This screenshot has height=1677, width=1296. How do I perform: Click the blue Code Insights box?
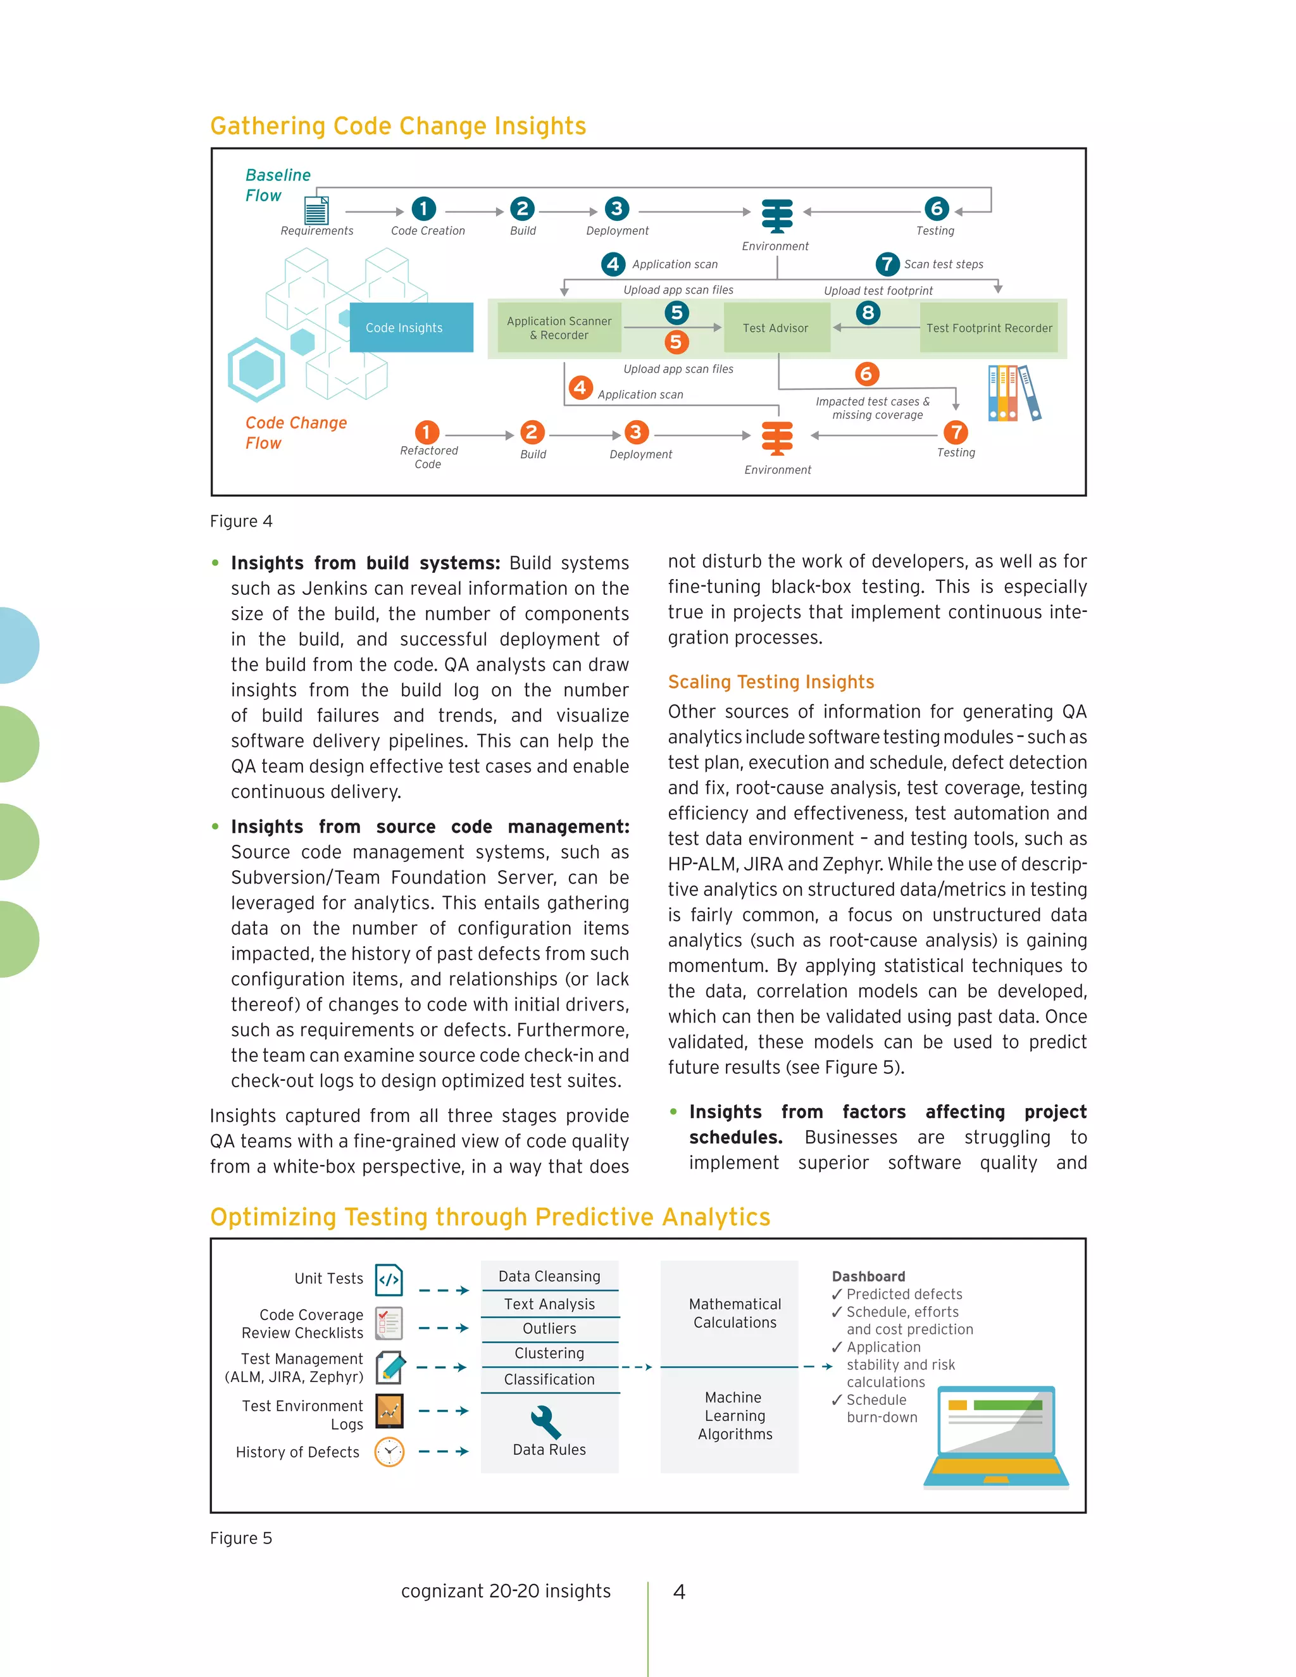coord(411,328)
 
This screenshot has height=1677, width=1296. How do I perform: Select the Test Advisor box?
coord(775,328)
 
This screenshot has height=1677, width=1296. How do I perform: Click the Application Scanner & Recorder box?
coord(559,328)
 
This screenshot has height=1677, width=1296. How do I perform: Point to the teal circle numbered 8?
coord(868,313)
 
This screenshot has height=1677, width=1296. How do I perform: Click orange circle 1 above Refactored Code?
coord(427,432)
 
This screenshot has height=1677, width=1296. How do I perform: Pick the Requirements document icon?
coord(316,209)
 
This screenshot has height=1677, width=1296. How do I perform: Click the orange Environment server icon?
coord(777,439)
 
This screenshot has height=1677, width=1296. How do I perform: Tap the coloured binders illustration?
coord(1014,392)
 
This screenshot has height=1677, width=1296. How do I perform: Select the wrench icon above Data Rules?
coord(546,1421)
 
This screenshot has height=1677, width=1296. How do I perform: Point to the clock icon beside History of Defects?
coord(389,1452)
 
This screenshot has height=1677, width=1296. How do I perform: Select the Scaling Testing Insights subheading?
coord(771,682)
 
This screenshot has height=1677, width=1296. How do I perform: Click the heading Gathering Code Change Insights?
coord(397,126)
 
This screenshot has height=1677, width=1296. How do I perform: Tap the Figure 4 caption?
coord(241,521)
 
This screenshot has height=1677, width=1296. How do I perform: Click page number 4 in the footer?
coord(679,1592)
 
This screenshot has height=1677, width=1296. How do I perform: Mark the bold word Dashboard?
coord(868,1276)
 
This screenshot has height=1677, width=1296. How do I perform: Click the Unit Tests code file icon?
coord(389,1280)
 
